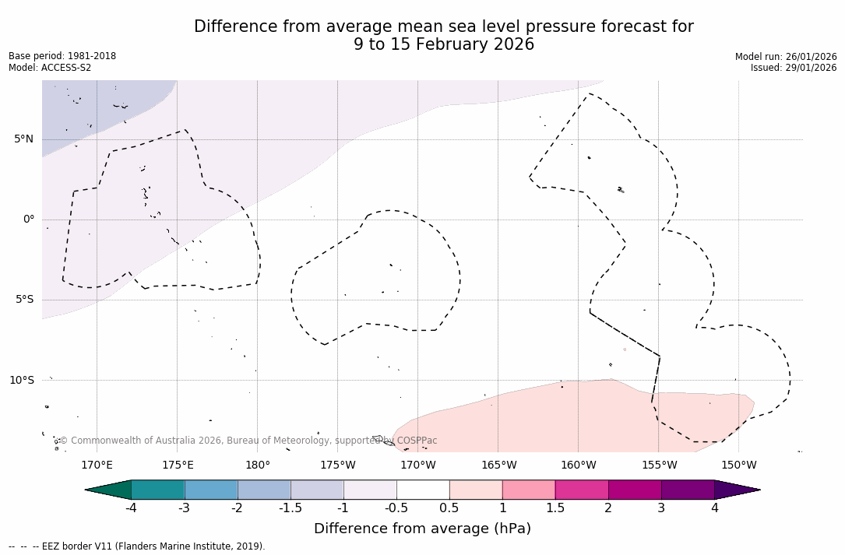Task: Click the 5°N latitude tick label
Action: tap(23, 139)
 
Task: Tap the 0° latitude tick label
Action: tap(29, 220)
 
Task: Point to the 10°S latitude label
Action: tap(21, 381)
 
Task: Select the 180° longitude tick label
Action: tap(257, 465)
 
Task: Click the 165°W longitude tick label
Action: tap(498, 465)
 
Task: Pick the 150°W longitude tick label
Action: tap(738, 465)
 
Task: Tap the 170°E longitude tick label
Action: tap(97, 465)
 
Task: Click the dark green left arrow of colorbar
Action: tap(109, 490)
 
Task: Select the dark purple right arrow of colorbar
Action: tap(736, 490)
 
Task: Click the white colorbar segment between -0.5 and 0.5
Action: tap(423, 490)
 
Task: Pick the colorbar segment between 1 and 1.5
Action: tap(529, 490)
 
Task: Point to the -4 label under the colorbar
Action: tap(131, 508)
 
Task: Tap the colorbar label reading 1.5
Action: tap(555, 508)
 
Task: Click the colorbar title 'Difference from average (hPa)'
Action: tap(422, 529)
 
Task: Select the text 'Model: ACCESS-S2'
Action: tap(50, 68)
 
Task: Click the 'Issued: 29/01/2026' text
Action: tap(794, 68)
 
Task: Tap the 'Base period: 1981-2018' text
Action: tap(62, 56)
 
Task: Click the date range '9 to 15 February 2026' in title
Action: tap(444, 44)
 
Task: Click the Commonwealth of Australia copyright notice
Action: tap(248, 441)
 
